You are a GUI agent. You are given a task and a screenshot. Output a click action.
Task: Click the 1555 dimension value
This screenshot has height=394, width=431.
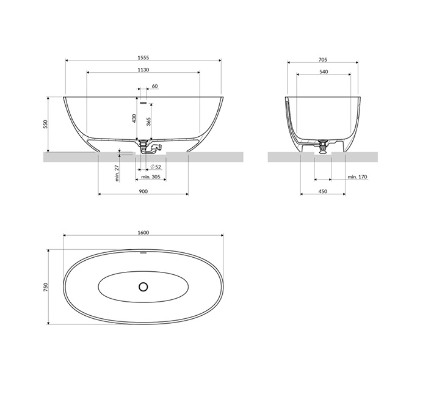143,57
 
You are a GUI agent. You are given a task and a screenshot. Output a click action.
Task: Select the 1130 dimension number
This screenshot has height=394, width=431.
143,70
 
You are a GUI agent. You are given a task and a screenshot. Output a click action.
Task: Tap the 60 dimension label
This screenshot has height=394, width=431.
154,86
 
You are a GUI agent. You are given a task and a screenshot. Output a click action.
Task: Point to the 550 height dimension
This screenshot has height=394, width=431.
46,124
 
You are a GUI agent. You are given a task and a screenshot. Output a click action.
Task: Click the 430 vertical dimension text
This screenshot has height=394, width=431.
134,119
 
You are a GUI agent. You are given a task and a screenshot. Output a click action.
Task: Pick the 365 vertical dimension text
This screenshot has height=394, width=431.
148,122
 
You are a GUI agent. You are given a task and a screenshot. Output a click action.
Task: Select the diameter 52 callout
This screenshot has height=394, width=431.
156,167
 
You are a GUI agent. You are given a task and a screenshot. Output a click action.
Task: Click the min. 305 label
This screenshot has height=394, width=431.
151,177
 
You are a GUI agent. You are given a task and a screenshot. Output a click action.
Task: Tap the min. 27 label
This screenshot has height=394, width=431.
117,173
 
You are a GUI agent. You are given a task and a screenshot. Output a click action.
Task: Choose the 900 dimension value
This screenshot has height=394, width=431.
143,191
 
